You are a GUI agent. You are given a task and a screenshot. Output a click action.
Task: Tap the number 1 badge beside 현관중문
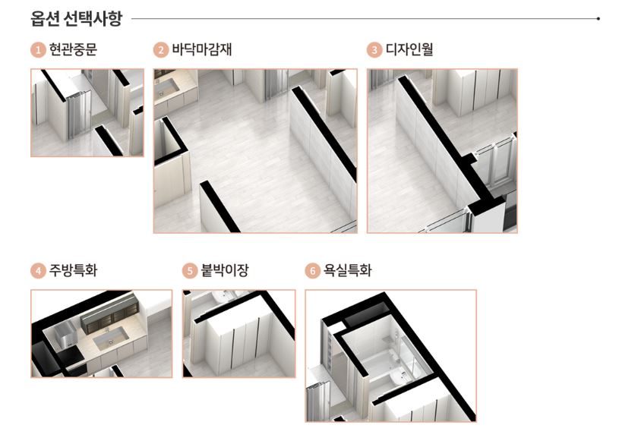coord(37,51)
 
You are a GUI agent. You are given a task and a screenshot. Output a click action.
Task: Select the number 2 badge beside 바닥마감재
coord(160,51)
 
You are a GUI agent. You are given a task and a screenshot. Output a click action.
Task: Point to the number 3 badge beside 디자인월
coord(374,51)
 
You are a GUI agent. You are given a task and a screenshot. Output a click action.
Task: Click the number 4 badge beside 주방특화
coord(37,271)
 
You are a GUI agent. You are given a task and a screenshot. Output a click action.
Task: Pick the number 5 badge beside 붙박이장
coord(189,271)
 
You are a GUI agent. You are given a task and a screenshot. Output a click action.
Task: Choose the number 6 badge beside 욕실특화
coord(312,271)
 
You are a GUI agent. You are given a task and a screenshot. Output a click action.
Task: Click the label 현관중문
coord(73,51)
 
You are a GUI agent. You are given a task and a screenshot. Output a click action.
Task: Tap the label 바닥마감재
coord(202,51)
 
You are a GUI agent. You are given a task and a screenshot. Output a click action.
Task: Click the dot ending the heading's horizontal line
coord(599,17)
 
